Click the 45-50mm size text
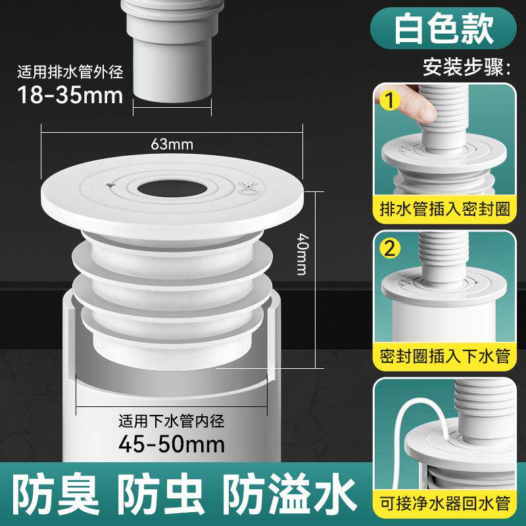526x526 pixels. (x=172, y=444)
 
